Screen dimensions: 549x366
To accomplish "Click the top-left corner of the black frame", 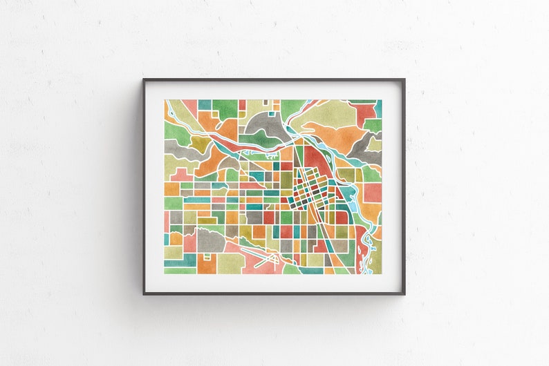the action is tap(144, 79).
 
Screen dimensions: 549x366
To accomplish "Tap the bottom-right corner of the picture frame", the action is tap(404, 294).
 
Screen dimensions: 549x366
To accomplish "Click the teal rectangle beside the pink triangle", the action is tap(205, 104).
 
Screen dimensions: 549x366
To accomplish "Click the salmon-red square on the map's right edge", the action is tap(373, 192).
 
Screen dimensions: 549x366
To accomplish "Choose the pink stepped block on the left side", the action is tap(180, 175).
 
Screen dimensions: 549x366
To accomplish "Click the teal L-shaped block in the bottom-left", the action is tap(181, 261).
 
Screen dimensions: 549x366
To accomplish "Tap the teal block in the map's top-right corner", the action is tap(378, 108).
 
